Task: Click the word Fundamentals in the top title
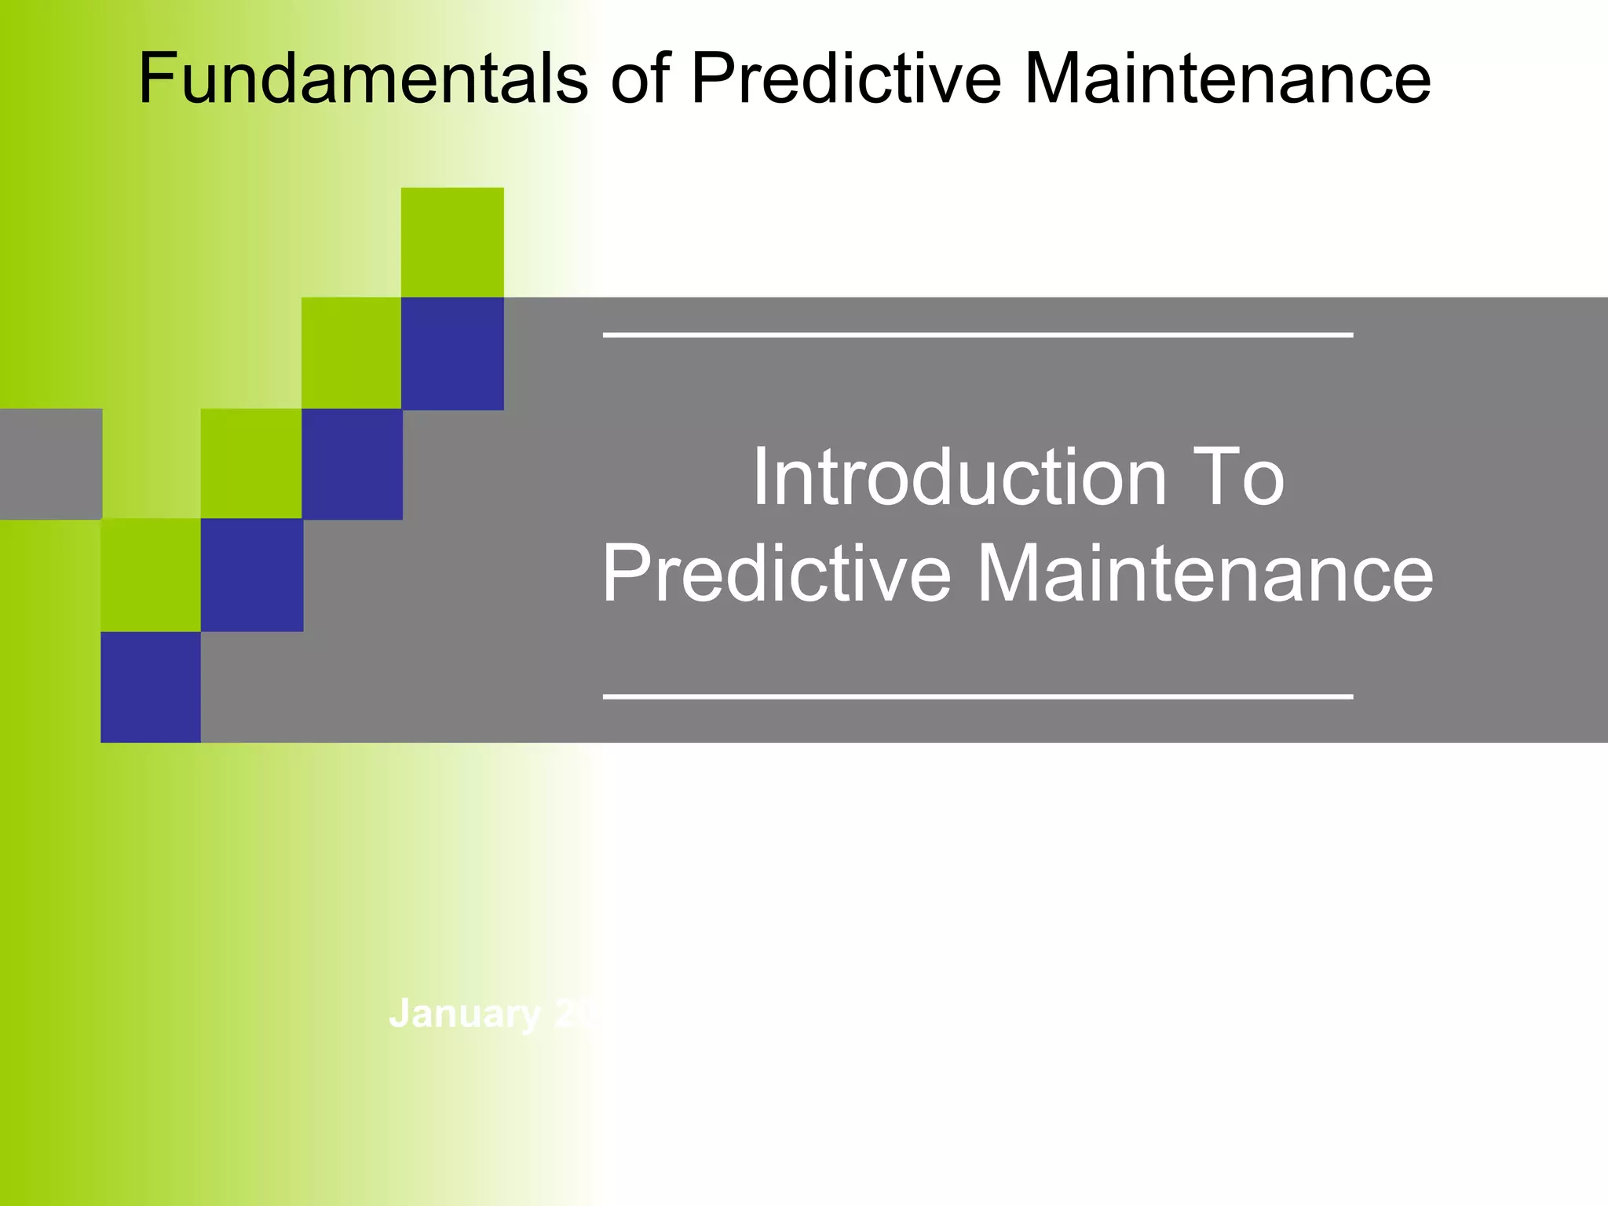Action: [363, 79]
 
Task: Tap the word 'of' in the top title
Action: [639, 79]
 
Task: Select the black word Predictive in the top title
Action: [846, 79]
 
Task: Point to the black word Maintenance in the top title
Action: [1227, 79]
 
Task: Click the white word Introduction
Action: [959, 477]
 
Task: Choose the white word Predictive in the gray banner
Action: [776, 575]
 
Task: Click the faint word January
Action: [465, 1014]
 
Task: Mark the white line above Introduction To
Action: [978, 335]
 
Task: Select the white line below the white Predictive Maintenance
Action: [978, 696]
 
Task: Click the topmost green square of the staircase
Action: [452, 242]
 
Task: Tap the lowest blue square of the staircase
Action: [151, 687]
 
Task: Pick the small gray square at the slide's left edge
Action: [50, 463]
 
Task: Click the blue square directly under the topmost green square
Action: [452, 353]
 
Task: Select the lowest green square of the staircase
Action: [151, 575]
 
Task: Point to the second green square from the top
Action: [351, 353]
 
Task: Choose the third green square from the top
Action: [251, 463]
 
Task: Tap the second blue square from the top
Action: [352, 463]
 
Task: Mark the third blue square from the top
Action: [251, 575]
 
